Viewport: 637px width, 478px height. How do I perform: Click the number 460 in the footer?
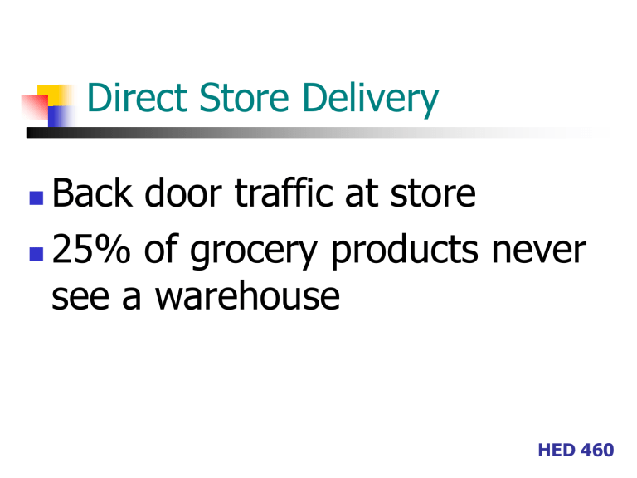point(598,451)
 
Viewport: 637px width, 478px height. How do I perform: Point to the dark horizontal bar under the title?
point(166,132)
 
